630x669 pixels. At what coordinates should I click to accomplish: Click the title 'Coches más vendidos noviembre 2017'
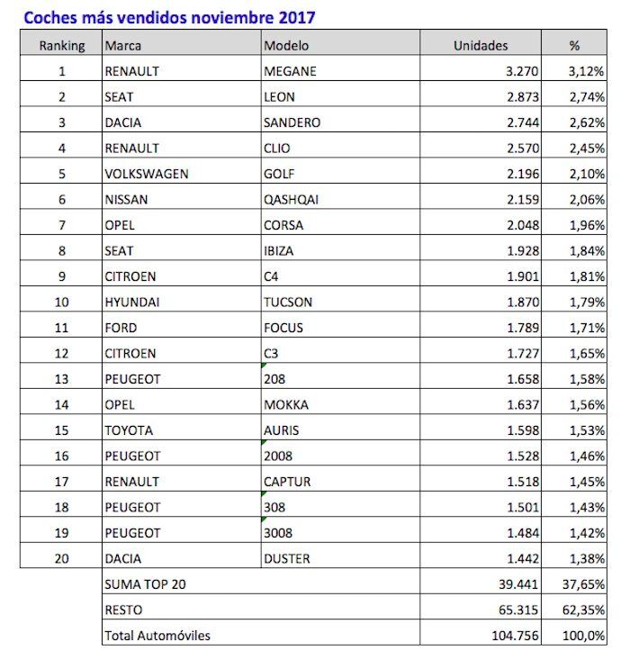pos(169,17)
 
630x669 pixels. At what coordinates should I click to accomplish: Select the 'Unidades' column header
pos(481,45)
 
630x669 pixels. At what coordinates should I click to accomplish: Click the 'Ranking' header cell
pos(62,45)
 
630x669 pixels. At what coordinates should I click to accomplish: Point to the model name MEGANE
pos(291,71)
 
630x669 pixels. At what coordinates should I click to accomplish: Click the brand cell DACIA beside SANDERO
pos(125,122)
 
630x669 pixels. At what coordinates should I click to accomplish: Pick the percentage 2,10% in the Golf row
pos(586,174)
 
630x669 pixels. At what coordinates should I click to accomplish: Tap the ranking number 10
pos(62,303)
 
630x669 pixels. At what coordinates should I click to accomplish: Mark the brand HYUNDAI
pos(131,303)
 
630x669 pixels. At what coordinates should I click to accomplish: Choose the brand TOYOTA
pos(129,430)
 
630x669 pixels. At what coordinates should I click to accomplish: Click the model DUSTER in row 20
pos(287,559)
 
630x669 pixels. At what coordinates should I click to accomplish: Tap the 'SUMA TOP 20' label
pos(145,584)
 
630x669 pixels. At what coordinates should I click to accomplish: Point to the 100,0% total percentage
pos(585,636)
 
